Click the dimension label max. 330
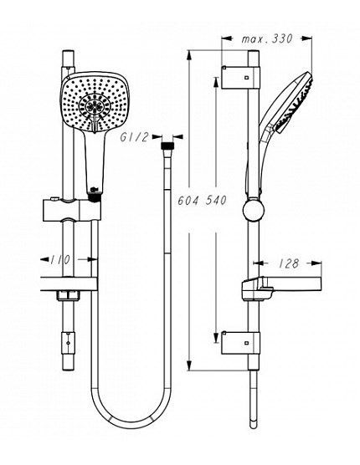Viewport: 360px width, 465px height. click(x=267, y=38)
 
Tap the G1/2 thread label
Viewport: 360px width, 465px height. click(x=134, y=137)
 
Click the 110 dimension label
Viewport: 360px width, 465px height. click(x=60, y=260)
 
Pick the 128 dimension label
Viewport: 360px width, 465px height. click(x=289, y=263)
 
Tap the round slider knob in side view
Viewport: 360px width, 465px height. click(x=253, y=210)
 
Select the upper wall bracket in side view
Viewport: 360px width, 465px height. click(x=240, y=78)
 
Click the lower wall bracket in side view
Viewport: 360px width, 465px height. click(x=240, y=343)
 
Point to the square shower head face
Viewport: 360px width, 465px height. click(x=95, y=102)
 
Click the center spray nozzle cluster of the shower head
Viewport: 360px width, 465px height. click(x=95, y=106)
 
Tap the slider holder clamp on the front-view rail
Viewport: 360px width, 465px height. click(x=72, y=210)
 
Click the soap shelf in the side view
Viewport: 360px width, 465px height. click(x=281, y=288)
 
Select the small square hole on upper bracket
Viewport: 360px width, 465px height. click(x=246, y=78)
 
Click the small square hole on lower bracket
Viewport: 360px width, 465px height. click(x=246, y=343)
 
